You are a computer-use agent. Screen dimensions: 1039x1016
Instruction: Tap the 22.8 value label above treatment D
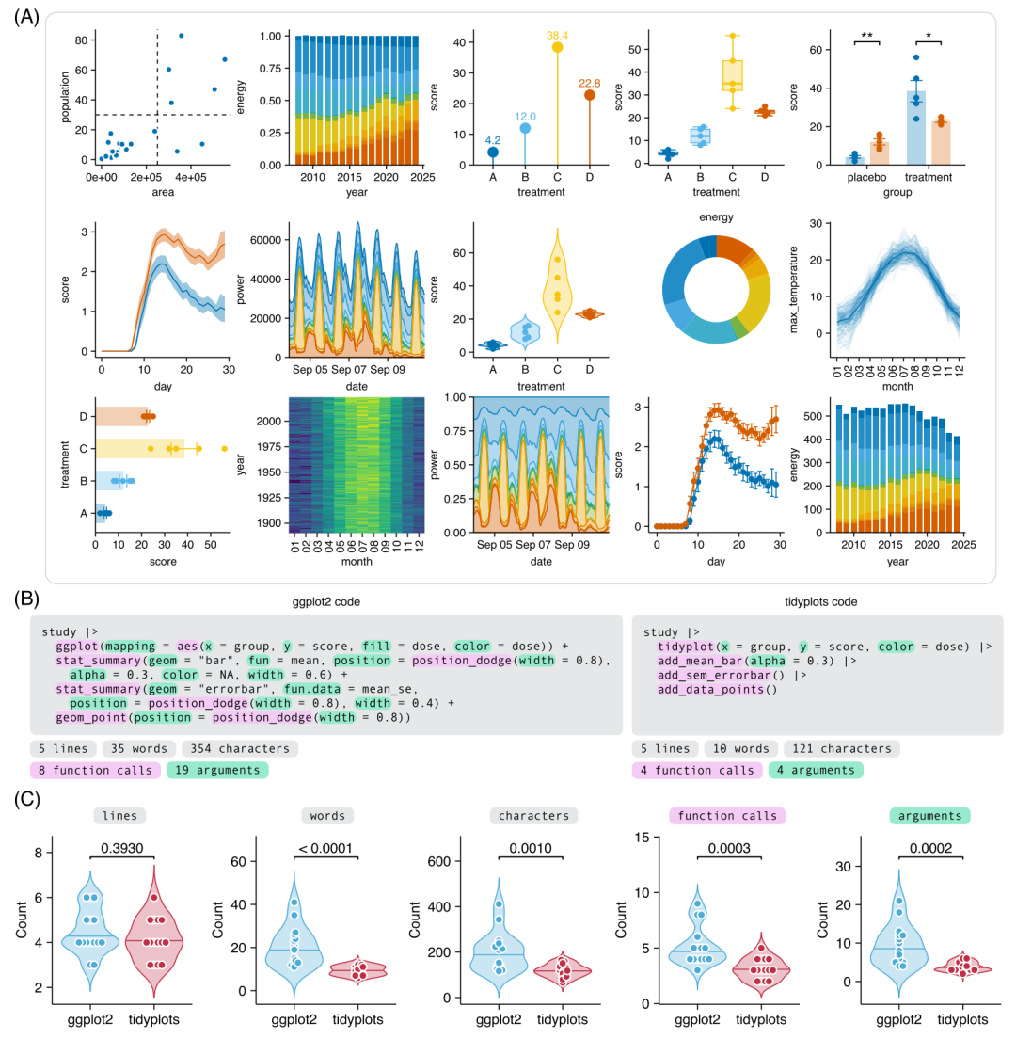click(x=589, y=83)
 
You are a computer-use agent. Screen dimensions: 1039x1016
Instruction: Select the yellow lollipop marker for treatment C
click(x=557, y=47)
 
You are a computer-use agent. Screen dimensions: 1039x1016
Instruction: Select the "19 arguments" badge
click(x=217, y=771)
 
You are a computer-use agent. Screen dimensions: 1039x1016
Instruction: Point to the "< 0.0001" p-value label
click(x=325, y=849)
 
